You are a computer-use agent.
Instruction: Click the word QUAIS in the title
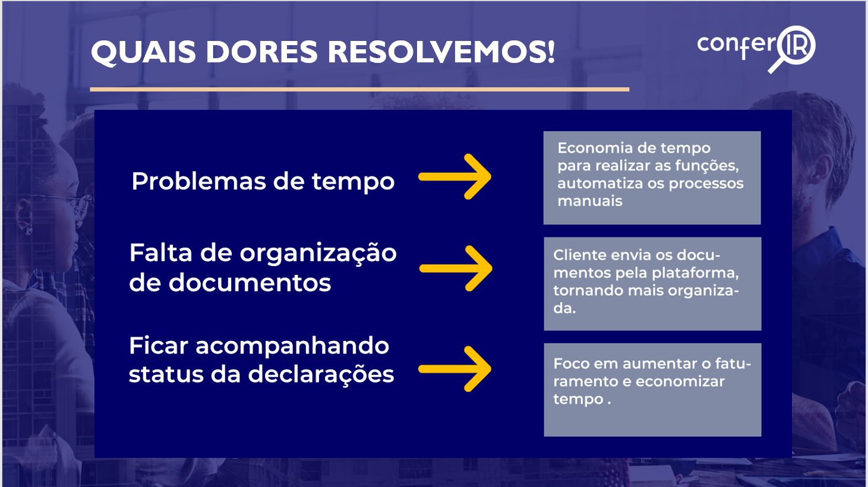(x=143, y=52)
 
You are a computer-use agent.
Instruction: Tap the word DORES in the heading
(x=261, y=52)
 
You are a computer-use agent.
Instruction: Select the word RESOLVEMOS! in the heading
(x=441, y=52)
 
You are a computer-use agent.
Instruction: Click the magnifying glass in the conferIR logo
(x=793, y=49)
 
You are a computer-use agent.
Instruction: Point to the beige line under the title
(x=359, y=90)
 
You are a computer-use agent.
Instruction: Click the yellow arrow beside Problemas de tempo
(x=454, y=176)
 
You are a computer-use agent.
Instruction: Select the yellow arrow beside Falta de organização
(x=456, y=268)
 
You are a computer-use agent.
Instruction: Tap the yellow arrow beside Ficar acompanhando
(x=454, y=369)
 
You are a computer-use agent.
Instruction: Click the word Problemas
(x=198, y=181)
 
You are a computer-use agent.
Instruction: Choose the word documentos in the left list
(x=250, y=283)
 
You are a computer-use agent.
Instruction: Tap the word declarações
(x=321, y=374)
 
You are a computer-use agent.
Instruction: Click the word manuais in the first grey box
(x=590, y=201)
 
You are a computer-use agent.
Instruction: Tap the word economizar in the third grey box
(x=680, y=382)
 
